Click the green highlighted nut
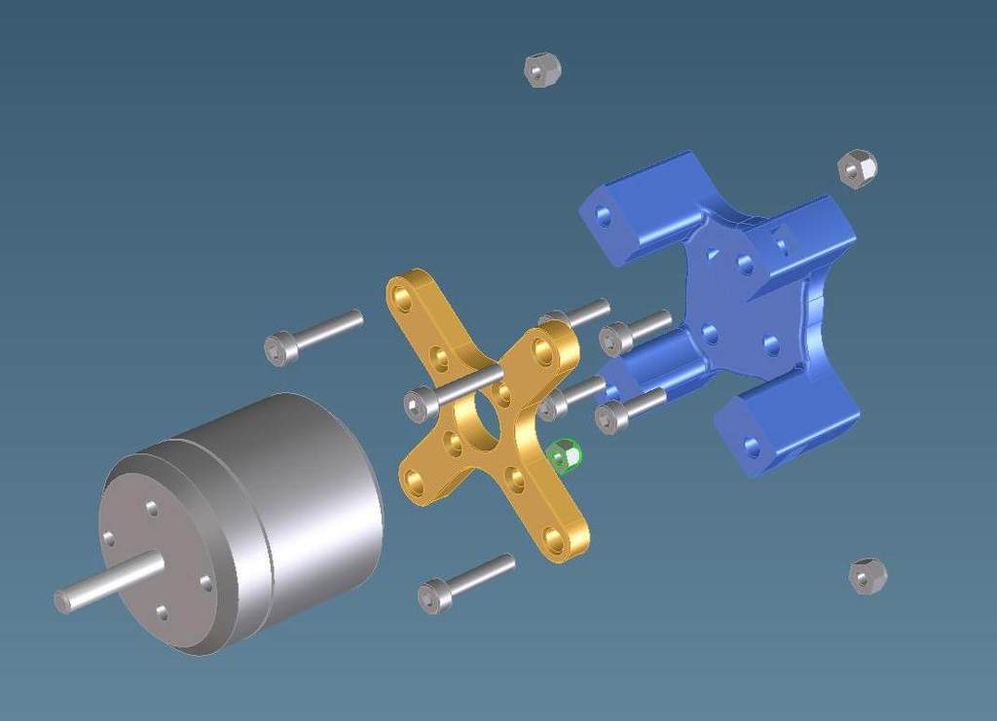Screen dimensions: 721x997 (x=563, y=455)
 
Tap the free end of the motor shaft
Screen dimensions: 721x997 (x=62, y=601)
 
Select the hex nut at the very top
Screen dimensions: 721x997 (x=541, y=70)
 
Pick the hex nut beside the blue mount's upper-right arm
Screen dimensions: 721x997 (x=857, y=168)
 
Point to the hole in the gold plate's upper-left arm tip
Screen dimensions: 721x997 (x=401, y=296)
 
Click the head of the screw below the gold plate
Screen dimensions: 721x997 (x=433, y=595)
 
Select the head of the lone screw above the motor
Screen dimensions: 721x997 (x=279, y=348)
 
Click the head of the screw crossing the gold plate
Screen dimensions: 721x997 (x=419, y=403)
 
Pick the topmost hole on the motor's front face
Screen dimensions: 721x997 (x=152, y=508)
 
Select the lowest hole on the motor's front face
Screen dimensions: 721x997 (x=162, y=612)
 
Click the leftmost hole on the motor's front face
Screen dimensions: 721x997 (x=108, y=538)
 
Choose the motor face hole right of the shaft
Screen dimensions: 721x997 (x=205, y=583)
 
